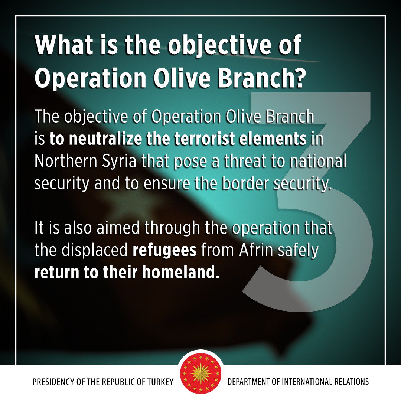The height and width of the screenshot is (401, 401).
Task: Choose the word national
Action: [319, 162]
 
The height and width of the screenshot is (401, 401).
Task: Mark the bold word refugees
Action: [164, 251]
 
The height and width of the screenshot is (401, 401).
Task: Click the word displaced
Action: [94, 251]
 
